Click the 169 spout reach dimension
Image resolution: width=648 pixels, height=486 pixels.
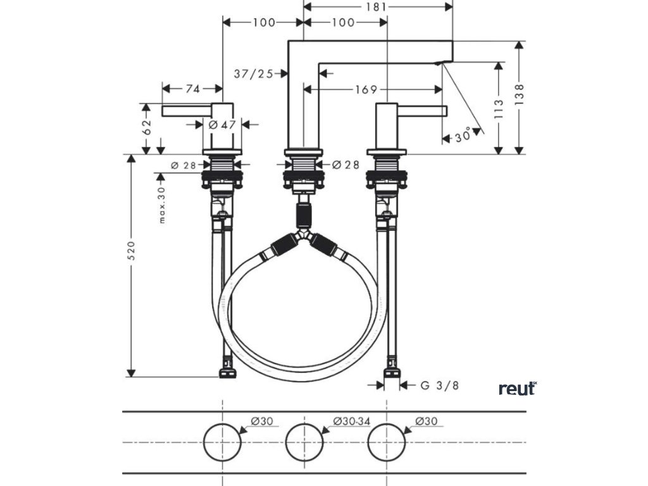(365, 89)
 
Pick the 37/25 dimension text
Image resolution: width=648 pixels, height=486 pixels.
(253, 74)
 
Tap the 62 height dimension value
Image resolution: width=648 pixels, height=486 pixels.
(147, 128)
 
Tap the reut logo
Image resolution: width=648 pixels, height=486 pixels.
(517, 388)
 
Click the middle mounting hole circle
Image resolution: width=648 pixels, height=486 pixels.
(304, 441)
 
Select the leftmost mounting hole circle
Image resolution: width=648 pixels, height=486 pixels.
(222, 441)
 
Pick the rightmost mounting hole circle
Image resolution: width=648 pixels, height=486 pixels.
(387, 441)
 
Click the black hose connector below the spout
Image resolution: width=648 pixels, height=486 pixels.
(304, 215)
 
